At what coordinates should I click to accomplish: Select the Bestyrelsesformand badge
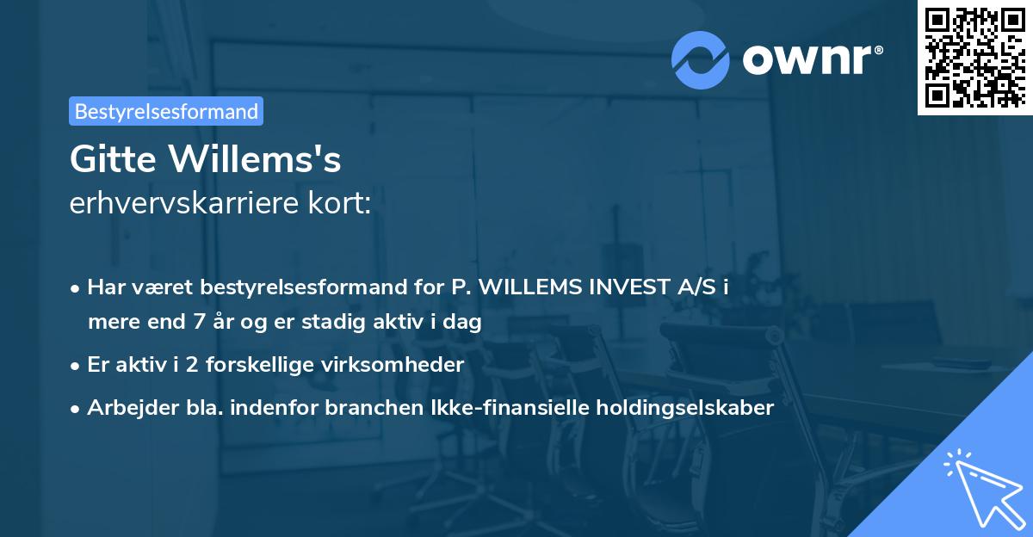pos(166,111)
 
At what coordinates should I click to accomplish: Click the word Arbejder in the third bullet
pos(125,408)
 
